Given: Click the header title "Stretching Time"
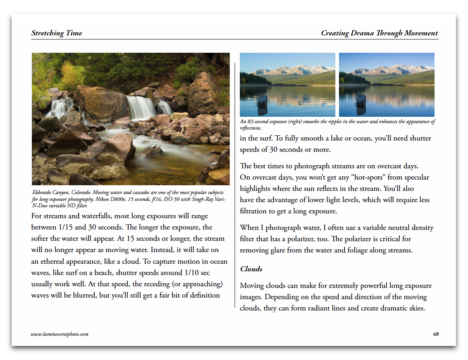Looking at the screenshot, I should click(x=57, y=33).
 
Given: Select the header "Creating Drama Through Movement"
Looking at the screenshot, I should click(x=379, y=33).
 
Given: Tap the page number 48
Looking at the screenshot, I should click(x=435, y=334).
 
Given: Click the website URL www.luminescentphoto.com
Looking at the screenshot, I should click(x=60, y=334).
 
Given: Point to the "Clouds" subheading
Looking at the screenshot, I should click(x=251, y=269).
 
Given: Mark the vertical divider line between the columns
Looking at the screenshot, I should click(x=235, y=185).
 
